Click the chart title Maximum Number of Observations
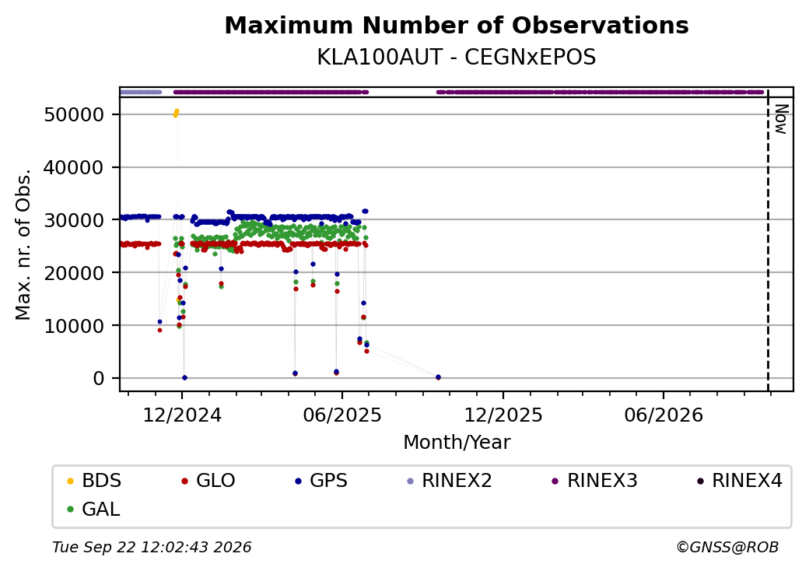point(457,25)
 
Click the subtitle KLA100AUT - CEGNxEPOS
point(457,58)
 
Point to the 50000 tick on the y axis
point(75,114)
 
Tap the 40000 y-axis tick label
point(75,167)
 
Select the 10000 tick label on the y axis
point(75,326)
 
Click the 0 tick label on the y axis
point(99,379)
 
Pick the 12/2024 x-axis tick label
point(182,415)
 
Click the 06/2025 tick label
point(342,415)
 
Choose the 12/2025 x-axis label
point(503,415)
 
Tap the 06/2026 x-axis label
point(664,415)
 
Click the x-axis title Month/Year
point(457,443)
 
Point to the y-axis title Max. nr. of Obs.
point(23,244)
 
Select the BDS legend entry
point(94,481)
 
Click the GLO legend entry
point(208,481)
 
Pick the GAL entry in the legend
point(94,510)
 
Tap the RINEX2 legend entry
point(450,481)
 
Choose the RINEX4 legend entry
point(739,481)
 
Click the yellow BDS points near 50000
point(176,113)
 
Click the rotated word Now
point(781,119)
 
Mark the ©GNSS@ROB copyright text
point(727,547)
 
